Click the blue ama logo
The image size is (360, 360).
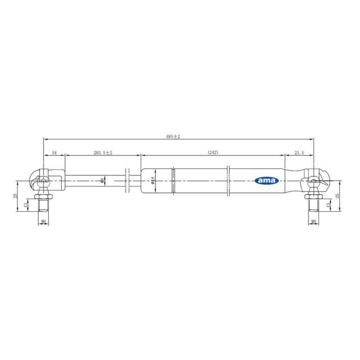266,181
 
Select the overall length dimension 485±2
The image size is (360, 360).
173,137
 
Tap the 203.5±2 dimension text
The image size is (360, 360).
103,153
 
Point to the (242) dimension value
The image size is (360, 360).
213,152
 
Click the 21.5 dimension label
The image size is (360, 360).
299,153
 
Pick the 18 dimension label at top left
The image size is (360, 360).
54,153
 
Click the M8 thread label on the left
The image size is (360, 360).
43,221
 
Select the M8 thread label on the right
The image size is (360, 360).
314,221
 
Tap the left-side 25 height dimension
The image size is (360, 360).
15,196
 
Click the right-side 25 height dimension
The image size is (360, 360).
337,196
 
